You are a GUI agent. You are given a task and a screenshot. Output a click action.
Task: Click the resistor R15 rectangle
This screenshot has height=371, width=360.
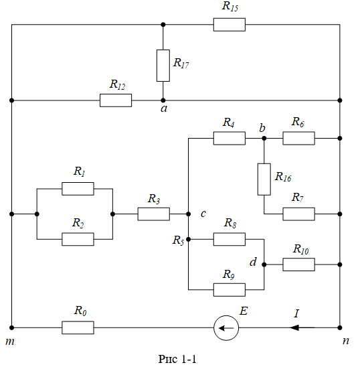tap(230, 25)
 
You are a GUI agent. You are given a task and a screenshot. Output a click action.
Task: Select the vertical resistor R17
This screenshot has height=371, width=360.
tap(163, 66)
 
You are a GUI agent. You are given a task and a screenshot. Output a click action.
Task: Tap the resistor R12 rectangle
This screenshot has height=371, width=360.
tap(116, 100)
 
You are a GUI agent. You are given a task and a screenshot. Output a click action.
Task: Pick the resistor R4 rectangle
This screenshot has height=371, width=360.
tap(230, 138)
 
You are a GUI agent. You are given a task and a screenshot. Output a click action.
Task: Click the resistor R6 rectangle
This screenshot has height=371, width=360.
tap(299, 138)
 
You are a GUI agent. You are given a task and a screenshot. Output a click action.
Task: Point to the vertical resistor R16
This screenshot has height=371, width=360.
tap(264, 179)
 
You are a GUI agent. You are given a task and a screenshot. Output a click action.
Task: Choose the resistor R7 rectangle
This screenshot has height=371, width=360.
tap(299, 214)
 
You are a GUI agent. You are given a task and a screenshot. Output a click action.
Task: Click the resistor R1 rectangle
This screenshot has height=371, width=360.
tap(78, 189)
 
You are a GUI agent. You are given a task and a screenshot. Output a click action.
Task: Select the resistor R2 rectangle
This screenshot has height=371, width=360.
tap(78, 239)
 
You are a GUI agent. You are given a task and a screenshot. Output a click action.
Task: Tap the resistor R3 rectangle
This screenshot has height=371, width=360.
tap(154, 214)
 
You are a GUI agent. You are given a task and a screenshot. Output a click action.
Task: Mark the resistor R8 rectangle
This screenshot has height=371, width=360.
tap(230, 239)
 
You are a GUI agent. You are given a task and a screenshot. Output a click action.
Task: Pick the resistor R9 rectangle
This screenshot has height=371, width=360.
tap(230, 289)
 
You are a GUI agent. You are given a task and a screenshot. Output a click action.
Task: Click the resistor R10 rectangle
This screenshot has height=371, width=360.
tap(299, 265)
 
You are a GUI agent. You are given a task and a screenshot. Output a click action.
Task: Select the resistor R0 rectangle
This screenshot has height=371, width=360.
tap(78, 327)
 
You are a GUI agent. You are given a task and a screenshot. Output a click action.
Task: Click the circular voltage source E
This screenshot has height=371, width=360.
tap(226, 328)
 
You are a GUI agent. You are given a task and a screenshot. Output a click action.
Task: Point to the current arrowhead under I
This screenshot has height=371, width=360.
tap(294, 327)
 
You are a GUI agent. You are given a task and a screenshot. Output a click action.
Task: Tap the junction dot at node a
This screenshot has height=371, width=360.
tap(163, 100)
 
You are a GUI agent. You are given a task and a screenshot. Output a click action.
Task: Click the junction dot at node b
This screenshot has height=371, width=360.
tap(264, 138)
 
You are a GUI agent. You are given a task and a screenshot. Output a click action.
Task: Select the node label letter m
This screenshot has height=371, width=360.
tap(10, 342)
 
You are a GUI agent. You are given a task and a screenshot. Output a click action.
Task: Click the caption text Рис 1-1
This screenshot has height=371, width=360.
tap(177, 359)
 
